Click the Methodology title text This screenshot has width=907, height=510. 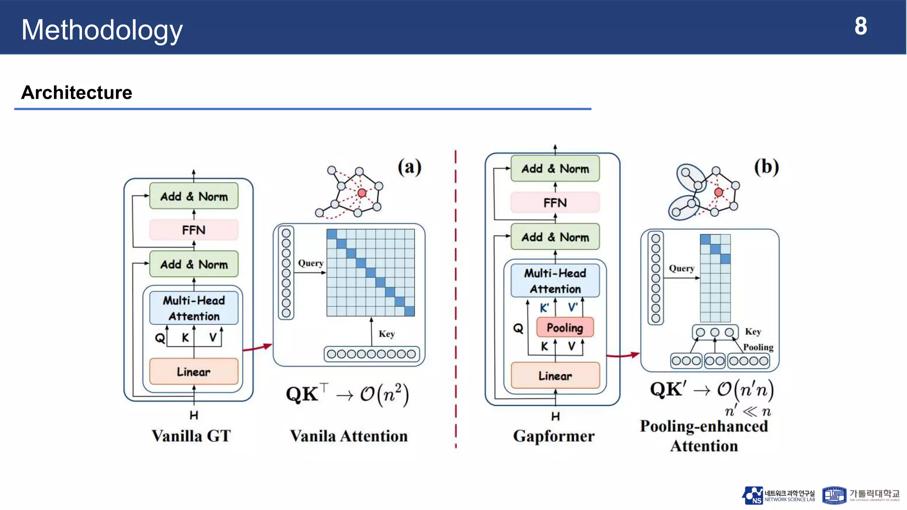click(102, 30)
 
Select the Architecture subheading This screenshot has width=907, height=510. click(77, 93)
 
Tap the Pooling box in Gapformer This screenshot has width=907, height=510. click(565, 328)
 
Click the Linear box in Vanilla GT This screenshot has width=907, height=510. click(194, 371)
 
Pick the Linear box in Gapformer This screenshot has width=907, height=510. click(555, 375)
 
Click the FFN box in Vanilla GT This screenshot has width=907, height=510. click(194, 230)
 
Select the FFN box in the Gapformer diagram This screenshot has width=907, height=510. click(555, 202)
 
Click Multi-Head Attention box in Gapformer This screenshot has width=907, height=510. click(555, 281)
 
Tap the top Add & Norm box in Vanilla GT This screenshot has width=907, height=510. click(194, 196)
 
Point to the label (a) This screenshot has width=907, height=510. click(409, 167)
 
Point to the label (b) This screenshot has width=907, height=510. click(766, 167)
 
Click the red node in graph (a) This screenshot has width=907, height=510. click(362, 193)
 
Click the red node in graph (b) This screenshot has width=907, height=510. click(718, 192)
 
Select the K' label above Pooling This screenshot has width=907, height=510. click(544, 308)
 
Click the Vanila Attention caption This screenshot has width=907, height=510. click(349, 436)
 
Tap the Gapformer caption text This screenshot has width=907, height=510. click(554, 436)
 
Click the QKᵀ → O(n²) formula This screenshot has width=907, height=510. click(347, 394)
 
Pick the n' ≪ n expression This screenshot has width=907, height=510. click(748, 411)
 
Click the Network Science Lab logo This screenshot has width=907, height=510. click(778, 495)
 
